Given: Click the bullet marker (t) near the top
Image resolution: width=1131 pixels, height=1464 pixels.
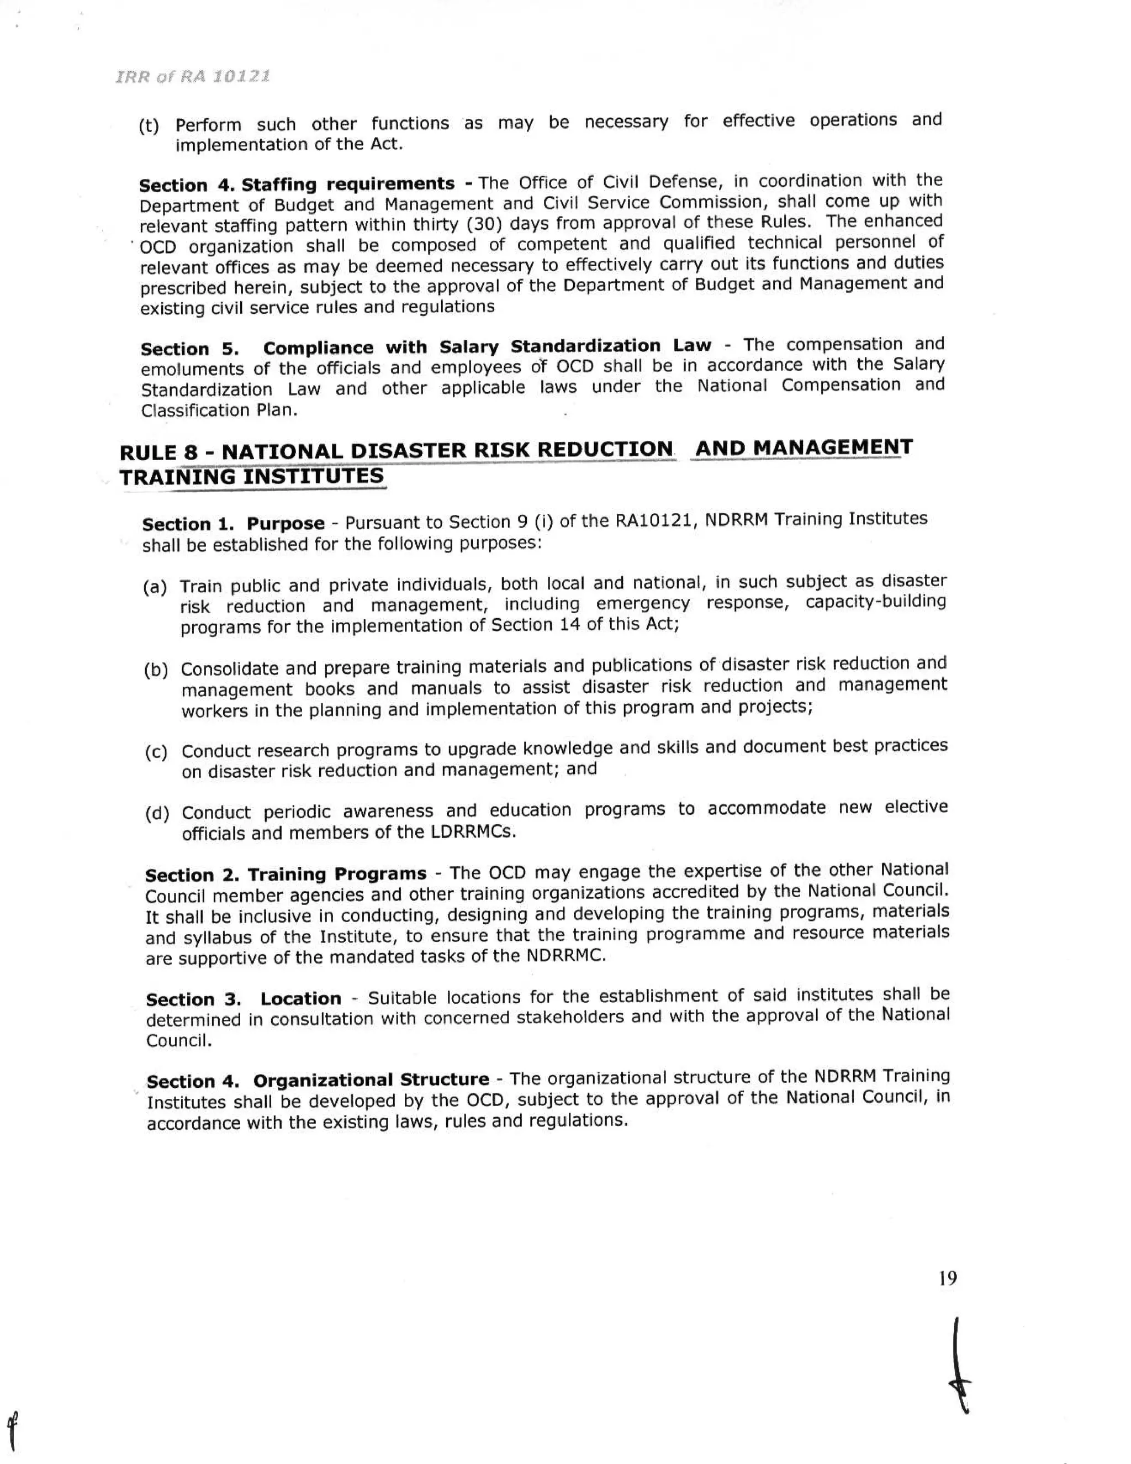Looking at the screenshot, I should tap(149, 126).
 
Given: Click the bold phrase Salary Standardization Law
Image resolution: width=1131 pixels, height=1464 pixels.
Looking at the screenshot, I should tap(574, 346).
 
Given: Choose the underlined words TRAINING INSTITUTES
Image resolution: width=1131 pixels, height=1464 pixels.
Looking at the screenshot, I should tap(252, 477).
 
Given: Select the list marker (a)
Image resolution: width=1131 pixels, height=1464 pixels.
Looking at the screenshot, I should tap(155, 588).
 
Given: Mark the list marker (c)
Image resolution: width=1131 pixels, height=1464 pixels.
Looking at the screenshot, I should tap(156, 752).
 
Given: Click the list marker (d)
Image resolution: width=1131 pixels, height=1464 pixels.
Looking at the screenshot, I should tap(157, 814).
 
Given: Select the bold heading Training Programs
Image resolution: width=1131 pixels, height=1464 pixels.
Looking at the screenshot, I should tap(337, 875).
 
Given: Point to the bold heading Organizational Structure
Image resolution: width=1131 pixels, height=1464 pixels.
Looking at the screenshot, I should tap(371, 1081).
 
